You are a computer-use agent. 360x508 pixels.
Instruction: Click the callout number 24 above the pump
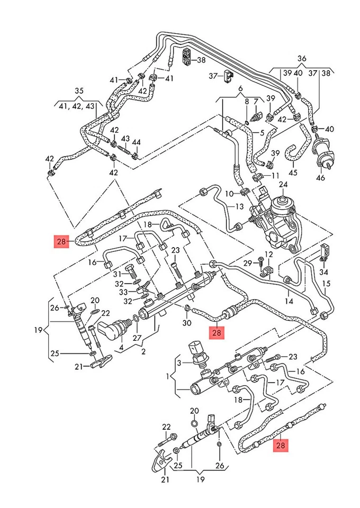pyautogui.click(x=283, y=184)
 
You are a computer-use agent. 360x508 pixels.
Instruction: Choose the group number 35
pyautogui.click(x=79, y=90)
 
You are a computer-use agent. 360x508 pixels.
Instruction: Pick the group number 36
pyautogui.click(x=302, y=58)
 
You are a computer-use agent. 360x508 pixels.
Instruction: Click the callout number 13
pyautogui.click(x=239, y=206)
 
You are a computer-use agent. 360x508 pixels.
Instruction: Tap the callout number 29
pyautogui.click(x=247, y=263)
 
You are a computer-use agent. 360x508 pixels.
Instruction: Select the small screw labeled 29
pyautogui.click(x=260, y=260)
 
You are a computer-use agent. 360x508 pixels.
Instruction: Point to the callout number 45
pyautogui.click(x=293, y=173)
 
